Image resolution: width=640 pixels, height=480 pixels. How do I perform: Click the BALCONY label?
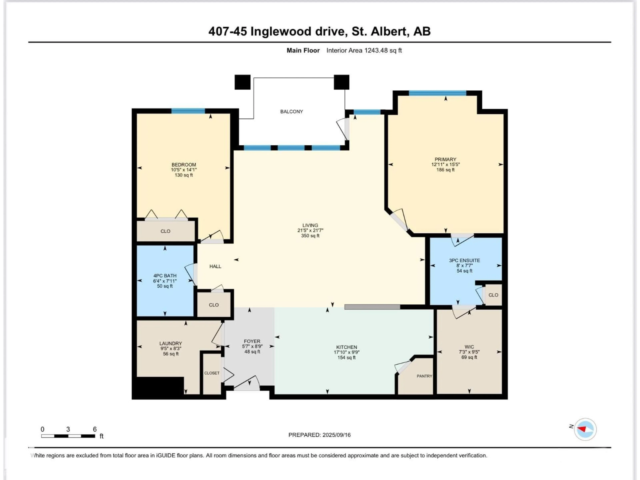click(291, 111)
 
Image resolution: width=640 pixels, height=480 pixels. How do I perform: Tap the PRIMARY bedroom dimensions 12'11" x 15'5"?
click(445, 164)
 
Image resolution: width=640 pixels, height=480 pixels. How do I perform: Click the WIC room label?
click(469, 347)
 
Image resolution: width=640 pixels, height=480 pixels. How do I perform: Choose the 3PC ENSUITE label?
click(464, 260)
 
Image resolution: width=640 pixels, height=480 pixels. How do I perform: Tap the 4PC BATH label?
click(165, 275)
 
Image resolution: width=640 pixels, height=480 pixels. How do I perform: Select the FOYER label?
click(252, 341)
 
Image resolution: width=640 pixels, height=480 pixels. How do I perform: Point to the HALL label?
click(215, 266)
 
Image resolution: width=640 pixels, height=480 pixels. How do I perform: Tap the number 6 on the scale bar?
click(95, 429)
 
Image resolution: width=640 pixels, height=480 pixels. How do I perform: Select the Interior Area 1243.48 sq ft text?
click(364, 50)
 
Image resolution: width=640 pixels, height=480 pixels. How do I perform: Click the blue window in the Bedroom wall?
click(188, 111)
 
